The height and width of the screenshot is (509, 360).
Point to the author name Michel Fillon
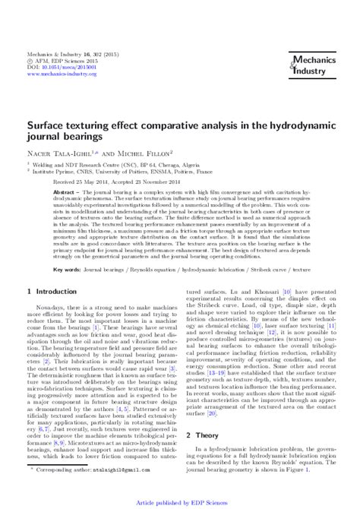(x=147, y=152)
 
